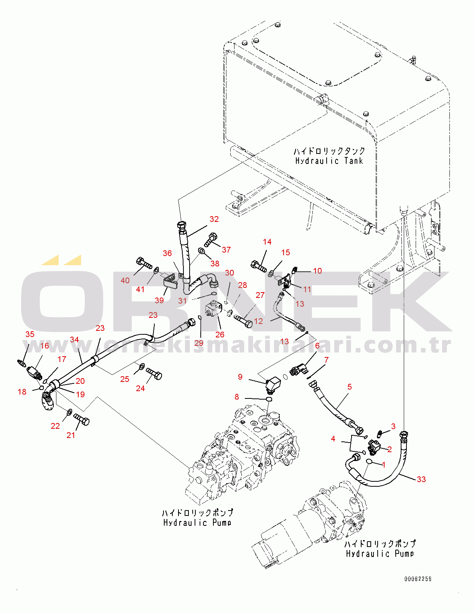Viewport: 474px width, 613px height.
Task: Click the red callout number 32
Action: tap(214, 219)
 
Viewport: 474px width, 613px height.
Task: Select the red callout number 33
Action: tap(421, 479)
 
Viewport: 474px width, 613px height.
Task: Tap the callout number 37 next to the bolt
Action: tap(226, 250)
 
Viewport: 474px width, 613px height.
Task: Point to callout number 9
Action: tap(240, 377)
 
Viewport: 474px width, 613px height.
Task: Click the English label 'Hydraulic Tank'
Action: tap(329, 161)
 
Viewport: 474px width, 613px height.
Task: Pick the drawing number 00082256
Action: tap(418, 579)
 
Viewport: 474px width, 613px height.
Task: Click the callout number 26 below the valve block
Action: tap(220, 335)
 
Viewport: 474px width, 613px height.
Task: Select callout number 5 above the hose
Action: tap(349, 387)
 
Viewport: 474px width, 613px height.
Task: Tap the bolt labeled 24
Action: tap(154, 373)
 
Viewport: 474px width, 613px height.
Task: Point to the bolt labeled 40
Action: tap(144, 263)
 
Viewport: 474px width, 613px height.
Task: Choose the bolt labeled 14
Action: tap(259, 266)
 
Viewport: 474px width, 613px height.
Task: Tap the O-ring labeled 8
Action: tap(269, 400)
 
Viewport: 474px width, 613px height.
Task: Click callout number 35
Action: tap(30, 334)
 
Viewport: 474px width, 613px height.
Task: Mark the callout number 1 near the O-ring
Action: tap(383, 465)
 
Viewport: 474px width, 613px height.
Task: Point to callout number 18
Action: tap(22, 392)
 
